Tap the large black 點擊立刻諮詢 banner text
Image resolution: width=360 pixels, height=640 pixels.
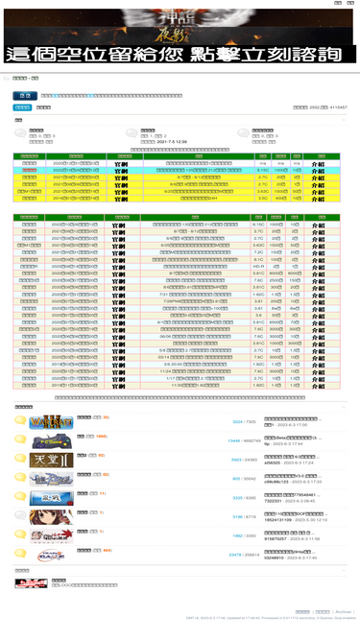(180, 55)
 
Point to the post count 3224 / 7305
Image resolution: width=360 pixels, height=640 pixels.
(244, 421)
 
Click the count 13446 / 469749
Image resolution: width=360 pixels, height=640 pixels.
(241, 441)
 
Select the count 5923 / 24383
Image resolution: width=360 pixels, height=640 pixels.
(244, 460)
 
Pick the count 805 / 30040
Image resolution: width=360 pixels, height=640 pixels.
(244, 478)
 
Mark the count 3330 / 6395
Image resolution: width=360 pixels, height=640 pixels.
(244, 498)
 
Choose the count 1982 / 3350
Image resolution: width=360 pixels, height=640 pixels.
(244, 535)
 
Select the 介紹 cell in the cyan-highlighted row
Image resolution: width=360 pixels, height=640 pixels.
(317, 170)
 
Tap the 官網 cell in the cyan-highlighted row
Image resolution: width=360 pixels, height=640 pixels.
(122, 170)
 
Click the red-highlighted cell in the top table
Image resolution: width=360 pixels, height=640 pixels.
(30, 170)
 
